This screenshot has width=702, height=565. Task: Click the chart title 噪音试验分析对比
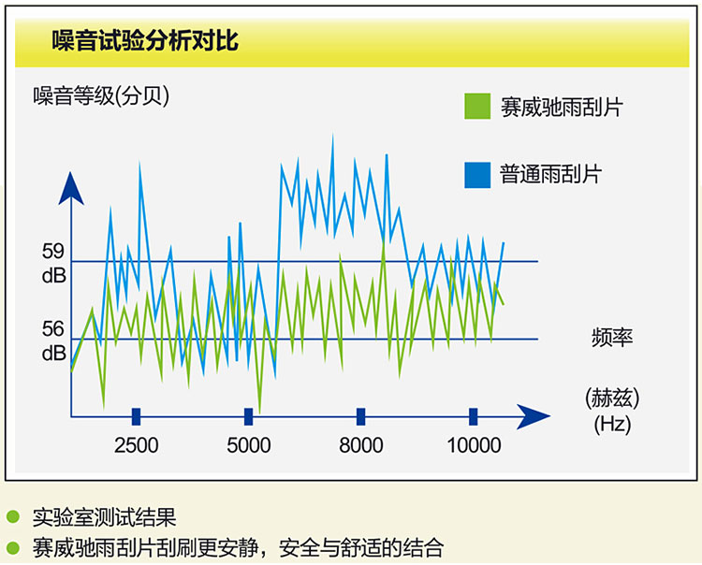point(144,41)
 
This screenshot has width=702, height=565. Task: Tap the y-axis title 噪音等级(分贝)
point(101,95)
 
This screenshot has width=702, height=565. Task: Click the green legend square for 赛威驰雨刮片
point(477,106)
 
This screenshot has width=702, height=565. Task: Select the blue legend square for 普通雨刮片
point(477,175)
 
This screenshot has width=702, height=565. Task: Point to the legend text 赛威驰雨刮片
point(562,107)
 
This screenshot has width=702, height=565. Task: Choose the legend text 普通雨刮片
point(550,175)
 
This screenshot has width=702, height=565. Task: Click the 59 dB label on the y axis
point(53,264)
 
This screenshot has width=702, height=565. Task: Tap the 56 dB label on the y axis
point(53,341)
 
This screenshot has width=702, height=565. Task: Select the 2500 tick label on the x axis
point(136,445)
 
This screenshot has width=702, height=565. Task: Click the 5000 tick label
point(248,445)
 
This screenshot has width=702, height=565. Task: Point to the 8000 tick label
point(361,445)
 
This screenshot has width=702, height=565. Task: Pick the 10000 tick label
point(474,445)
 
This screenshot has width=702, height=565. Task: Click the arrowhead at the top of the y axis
point(71,188)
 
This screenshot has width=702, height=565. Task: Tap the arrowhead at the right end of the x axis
point(534,416)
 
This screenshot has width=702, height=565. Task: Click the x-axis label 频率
point(612,338)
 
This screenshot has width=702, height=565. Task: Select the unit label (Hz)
point(612,424)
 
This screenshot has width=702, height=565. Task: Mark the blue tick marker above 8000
point(361,416)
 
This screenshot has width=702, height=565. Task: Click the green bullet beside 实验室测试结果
point(13,516)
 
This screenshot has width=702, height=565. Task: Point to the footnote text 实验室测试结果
point(104,517)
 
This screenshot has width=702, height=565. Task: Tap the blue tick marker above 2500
point(136,416)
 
